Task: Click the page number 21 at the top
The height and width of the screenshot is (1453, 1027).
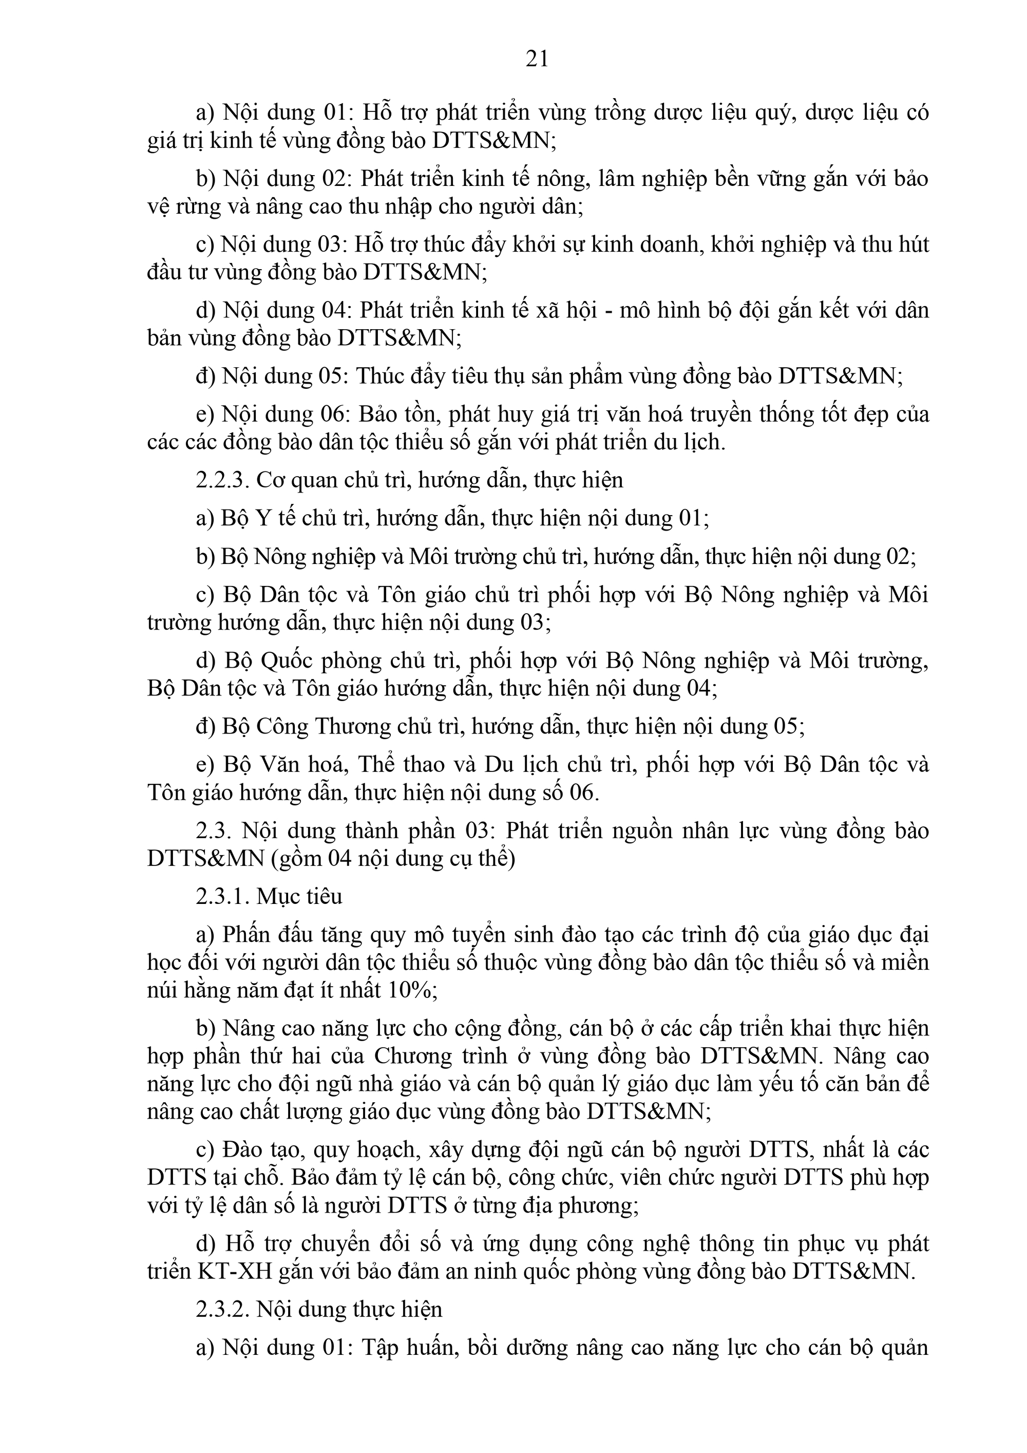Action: (x=537, y=59)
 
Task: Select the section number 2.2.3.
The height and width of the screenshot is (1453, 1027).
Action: (x=223, y=480)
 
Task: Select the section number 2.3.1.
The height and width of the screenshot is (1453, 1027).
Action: (x=223, y=897)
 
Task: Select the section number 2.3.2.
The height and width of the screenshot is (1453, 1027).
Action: (x=223, y=1309)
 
